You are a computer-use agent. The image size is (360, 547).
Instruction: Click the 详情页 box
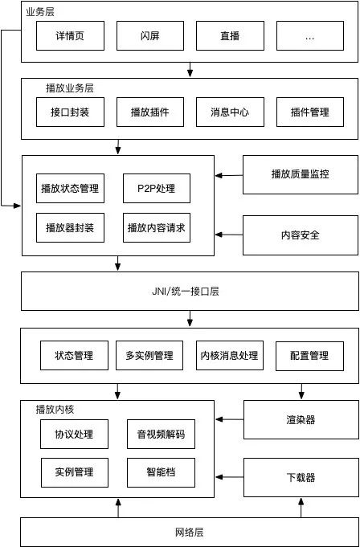(x=69, y=36)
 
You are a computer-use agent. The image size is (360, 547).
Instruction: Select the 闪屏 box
(x=149, y=36)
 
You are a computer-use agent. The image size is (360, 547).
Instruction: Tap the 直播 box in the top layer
(x=230, y=36)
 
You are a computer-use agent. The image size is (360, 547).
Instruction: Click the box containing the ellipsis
(x=309, y=36)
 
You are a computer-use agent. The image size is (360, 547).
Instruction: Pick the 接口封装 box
(x=69, y=112)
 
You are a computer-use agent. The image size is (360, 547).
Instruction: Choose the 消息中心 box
(x=229, y=112)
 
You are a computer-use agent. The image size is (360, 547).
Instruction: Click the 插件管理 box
(x=309, y=112)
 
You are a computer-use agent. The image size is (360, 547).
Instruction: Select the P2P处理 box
(x=157, y=189)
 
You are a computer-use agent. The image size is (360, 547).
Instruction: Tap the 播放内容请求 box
(x=157, y=228)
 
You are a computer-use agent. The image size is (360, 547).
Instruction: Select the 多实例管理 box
(x=149, y=356)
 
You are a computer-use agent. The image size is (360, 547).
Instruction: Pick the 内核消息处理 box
(x=229, y=356)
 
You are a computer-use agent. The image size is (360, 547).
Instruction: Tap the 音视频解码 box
(x=161, y=435)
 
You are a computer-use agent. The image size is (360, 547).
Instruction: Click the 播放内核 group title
(x=55, y=409)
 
